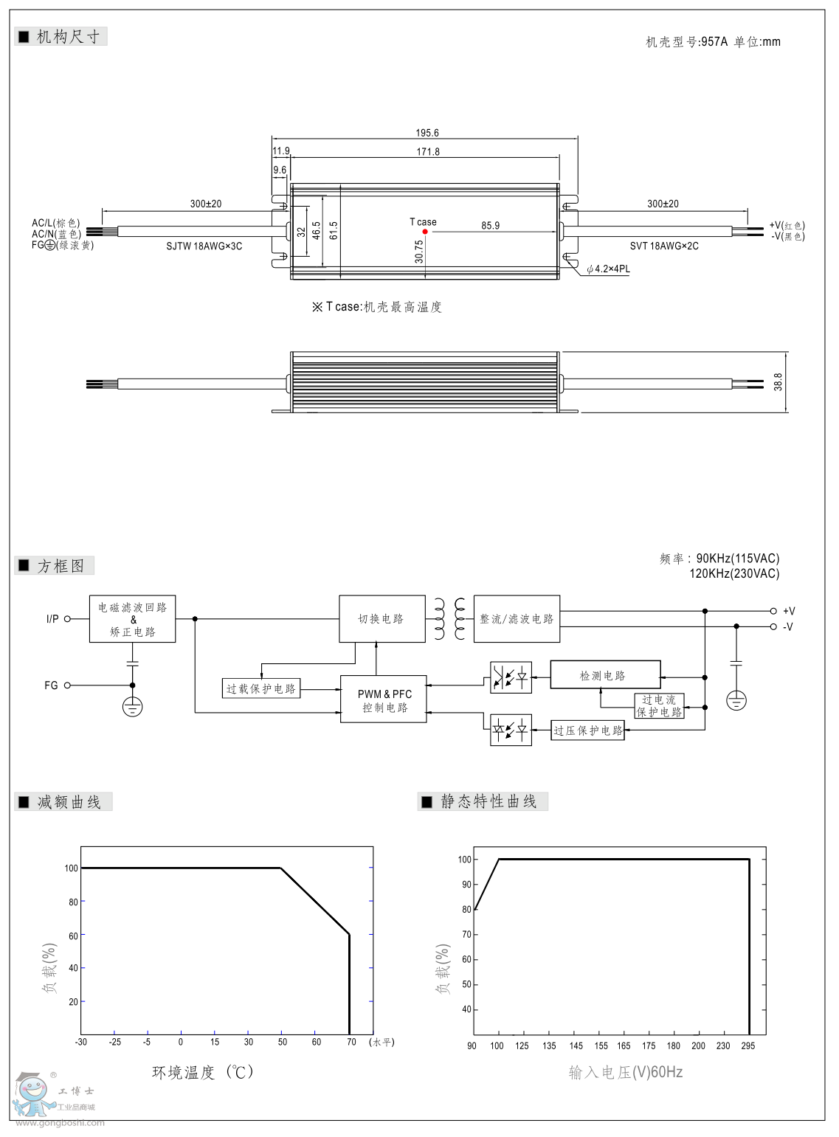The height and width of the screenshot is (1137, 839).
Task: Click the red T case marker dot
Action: (x=425, y=232)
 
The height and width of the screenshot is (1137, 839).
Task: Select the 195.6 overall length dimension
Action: (x=427, y=133)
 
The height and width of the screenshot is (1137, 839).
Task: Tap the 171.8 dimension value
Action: (x=427, y=152)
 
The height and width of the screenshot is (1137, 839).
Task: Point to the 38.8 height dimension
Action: (x=778, y=381)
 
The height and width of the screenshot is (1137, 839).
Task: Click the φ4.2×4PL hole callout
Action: (x=609, y=269)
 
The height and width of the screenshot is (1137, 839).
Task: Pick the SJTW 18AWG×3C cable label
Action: (x=204, y=246)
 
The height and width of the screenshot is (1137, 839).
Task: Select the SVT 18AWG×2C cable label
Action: (x=664, y=246)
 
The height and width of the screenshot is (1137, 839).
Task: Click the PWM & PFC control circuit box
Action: (x=384, y=699)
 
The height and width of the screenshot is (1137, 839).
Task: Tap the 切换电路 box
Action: (x=381, y=619)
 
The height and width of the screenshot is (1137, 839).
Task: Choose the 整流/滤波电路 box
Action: (x=517, y=619)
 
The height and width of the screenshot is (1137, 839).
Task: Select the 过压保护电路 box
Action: (x=587, y=730)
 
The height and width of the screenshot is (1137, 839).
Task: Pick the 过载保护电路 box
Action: (x=261, y=688)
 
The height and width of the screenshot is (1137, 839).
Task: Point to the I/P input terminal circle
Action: (x=67, y=619)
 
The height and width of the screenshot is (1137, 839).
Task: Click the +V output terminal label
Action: (x=789, y=611)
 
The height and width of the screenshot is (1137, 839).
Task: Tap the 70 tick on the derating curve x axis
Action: (x=351, y=1043)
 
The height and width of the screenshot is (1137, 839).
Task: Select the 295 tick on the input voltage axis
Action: (x=748, y=1046)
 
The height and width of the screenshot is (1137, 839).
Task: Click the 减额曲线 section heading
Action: (x=69, y=802)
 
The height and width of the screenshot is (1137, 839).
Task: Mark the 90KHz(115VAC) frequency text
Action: (x=737, y=559)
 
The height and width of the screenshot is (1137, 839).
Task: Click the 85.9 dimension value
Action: (x=490, y=226)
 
